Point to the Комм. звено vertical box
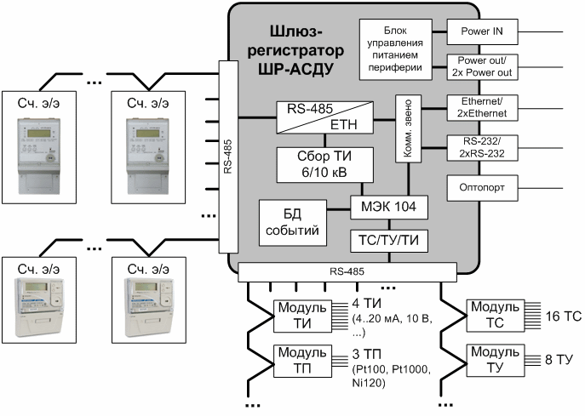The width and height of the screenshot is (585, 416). pos(405,129)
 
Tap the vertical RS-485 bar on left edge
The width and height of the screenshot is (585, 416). pos(227,158)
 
